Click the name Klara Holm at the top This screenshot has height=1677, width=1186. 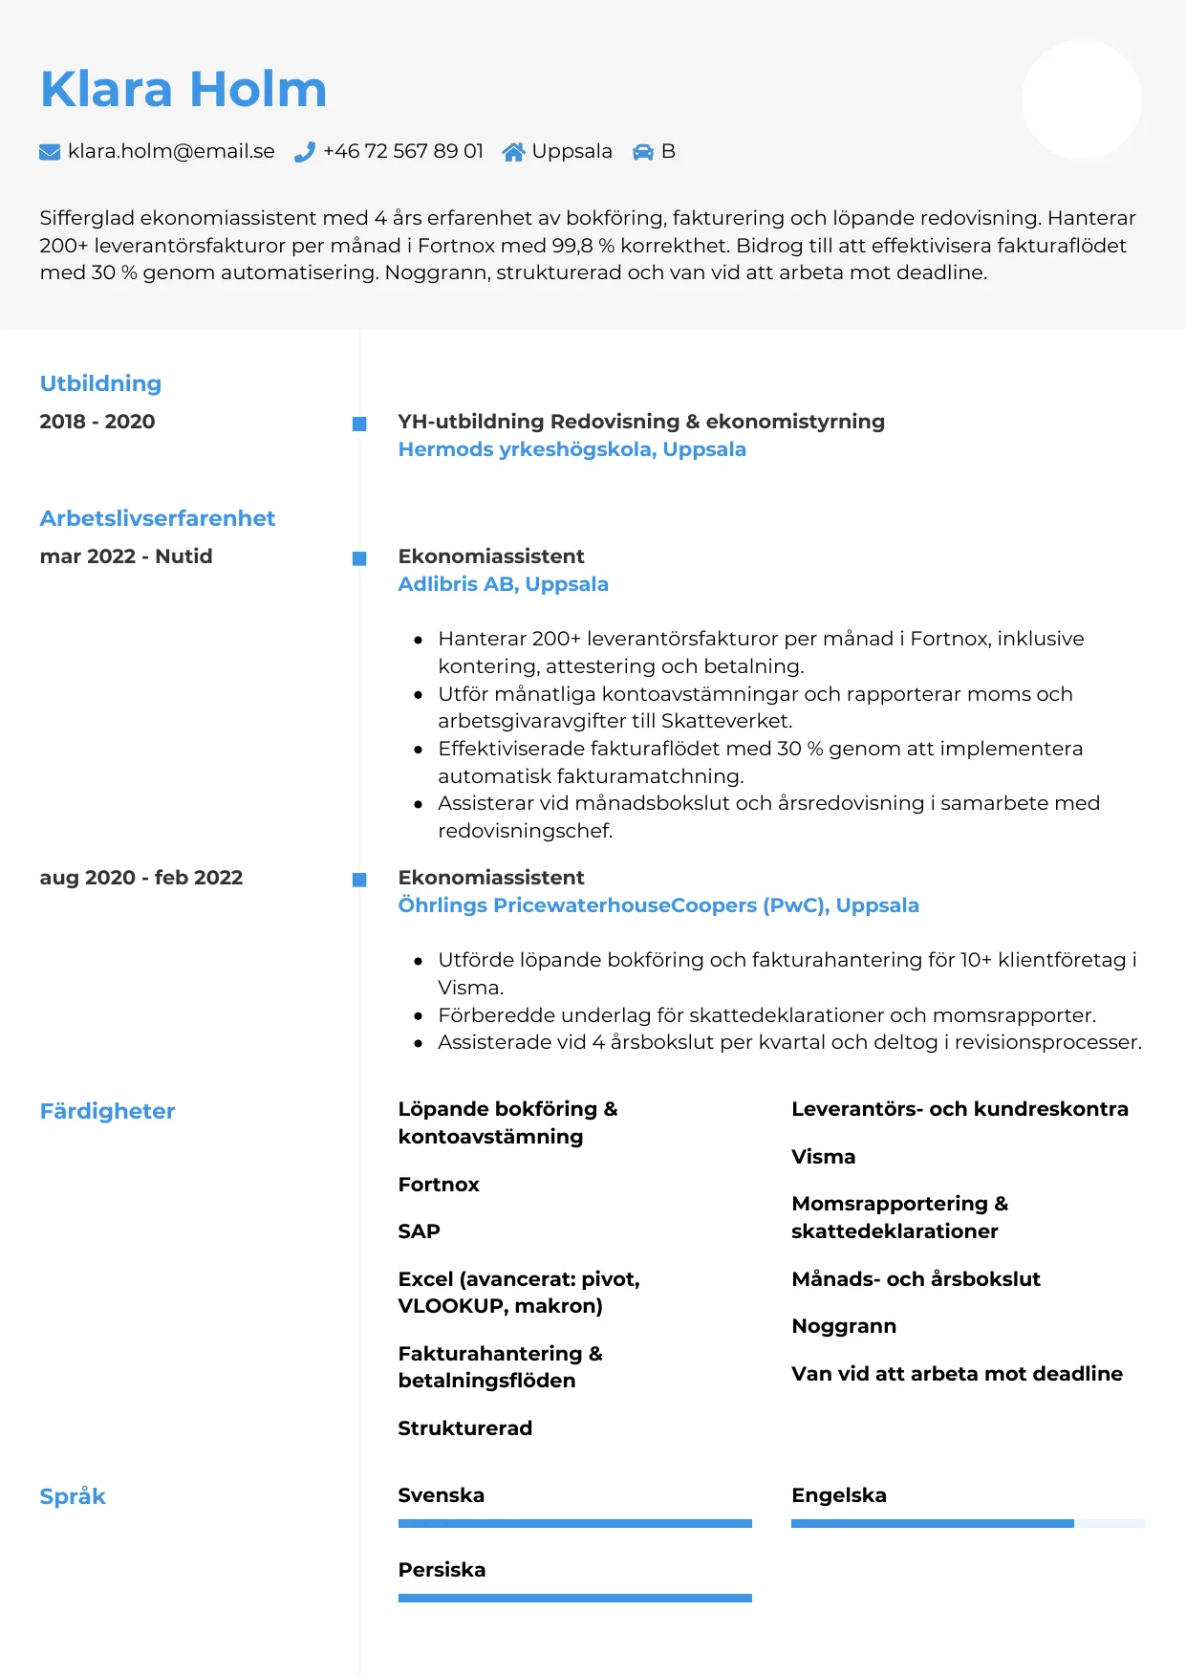tap(183, 90)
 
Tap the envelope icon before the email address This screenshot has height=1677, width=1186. tap(50, 152)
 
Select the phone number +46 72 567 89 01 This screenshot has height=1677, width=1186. tap(402, 151)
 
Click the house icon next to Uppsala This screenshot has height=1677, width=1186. tap(513, 152)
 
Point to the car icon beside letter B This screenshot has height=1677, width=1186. tap(643, 152)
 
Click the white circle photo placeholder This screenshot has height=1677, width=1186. tap(1081, 99)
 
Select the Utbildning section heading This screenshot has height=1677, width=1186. tap(100, 383)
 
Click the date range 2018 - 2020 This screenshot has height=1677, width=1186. tap(97, 422)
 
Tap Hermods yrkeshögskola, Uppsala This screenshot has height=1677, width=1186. tap(571, 449)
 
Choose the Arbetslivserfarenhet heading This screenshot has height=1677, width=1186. tap(158, 518)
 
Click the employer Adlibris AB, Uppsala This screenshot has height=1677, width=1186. tap(503, 584)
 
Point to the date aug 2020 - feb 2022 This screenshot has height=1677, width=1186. tap(141, 878)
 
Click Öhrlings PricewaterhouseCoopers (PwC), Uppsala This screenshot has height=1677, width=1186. tap(658, 905)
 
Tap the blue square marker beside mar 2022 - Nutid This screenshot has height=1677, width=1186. tap(359, 558)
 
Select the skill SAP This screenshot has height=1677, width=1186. tap(419, 1231)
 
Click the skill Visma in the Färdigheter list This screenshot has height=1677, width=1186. tap(823, 1157)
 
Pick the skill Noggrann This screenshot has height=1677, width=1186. tap(844, 1326)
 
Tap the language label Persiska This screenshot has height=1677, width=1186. tap(442, 1570)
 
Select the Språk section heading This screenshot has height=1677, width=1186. tap(73, 1496)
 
